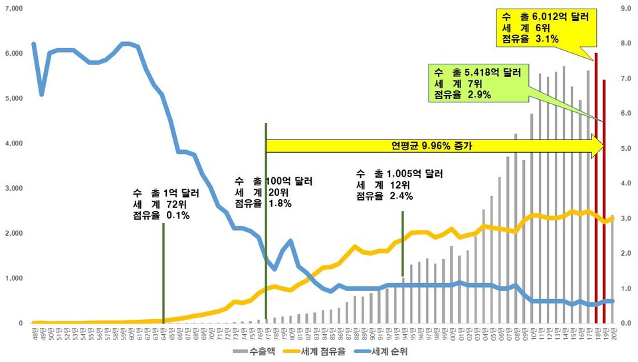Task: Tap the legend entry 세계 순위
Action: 393,351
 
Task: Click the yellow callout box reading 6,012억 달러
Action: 543,27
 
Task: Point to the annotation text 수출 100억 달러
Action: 273,181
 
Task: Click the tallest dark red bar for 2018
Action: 596,186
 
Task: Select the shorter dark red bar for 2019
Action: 604,199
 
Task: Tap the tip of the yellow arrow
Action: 605,145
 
